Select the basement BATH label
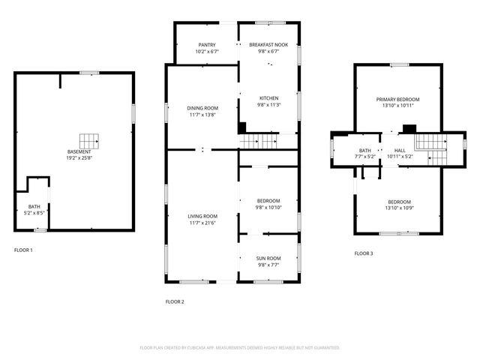(x=34, y=206)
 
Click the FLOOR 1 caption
(x=23, y=250)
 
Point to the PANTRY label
(x=207, y=45)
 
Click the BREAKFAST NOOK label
(x=268, y=45)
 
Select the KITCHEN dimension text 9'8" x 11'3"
(x=268, y=105)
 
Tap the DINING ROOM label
(x=202, y=108)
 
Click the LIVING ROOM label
(x=202, y=216)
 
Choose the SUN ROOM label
(x=268, y=257)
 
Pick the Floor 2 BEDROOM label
(x=268, y=200)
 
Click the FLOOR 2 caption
(x=174, y=301)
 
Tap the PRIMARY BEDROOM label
(x=397, y=99)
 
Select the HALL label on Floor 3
(x=399, y=150)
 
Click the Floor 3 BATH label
(x=364, y=150)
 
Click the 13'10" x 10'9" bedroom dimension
(x=399, y=208)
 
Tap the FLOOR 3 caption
(x=364, y=253)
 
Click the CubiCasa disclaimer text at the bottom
(x=240, y=348)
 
